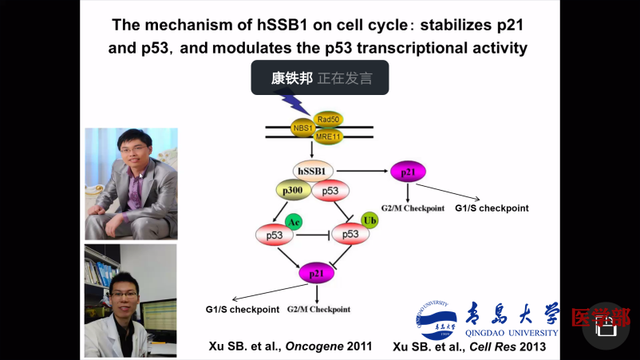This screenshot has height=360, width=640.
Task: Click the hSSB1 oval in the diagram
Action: click(x=312, y=170)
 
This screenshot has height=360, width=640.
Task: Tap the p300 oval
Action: click(x=294, y=191)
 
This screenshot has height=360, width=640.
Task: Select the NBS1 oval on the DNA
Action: click(x=303, y=128)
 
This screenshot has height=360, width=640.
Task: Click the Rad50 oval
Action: click(x=328, y=119)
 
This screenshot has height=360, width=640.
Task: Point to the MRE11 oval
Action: click(x=328, y=136)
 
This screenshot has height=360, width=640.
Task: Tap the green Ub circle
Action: click(x=369, y=220)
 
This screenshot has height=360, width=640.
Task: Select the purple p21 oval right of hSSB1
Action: click(x=408, y=171)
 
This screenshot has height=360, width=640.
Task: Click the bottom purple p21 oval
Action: click(x=316, y=274)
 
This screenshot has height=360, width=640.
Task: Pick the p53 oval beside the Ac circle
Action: click(x=274, y=235)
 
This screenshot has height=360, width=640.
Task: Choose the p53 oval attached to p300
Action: click(x=330, y=192)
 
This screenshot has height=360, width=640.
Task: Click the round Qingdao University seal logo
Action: click(x=436, y=320)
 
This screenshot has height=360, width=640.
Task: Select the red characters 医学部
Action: click(x=600, y=318)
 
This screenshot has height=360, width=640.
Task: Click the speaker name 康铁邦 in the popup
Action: click(x=291, y=78)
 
